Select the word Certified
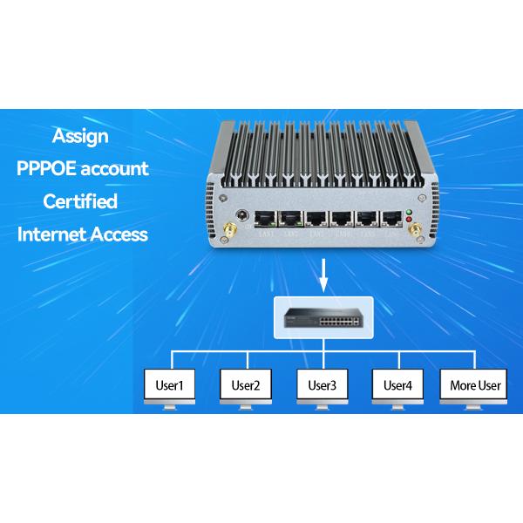tap(80, 201)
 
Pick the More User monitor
tap(475, 384)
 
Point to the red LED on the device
tap(410, 221)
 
